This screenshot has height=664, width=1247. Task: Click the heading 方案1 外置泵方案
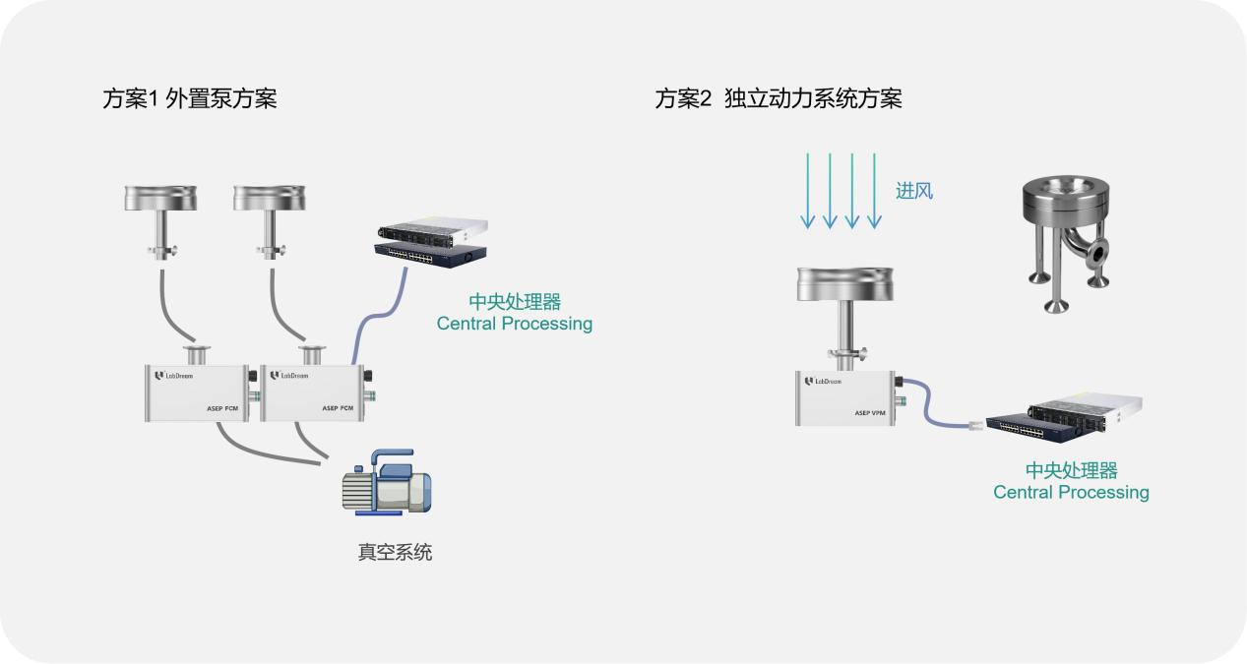tap(190, 99)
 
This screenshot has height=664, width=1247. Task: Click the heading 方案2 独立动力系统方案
tap(779, 99)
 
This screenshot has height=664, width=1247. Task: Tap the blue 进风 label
tap(914, 191)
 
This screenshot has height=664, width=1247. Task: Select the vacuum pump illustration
tap(387, 482)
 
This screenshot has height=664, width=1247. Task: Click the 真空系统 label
tap(395, 552)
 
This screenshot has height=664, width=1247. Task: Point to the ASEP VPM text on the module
tap(870, 413)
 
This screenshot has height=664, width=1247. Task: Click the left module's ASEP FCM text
tap(222, 408)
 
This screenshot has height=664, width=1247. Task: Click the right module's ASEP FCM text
tap(338, 408)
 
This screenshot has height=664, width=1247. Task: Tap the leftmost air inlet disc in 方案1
tap(160, 198)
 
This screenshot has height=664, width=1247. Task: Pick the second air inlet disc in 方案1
tap(270, 198)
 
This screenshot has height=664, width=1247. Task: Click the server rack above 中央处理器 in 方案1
tap(432, 244)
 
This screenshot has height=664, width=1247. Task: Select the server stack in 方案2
tap(1064, 418)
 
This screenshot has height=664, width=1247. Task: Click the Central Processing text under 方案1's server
tap(515, 324)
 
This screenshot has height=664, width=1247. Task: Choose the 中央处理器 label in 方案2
tap(1072, 471)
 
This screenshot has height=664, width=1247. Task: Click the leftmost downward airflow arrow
tap(808, 191)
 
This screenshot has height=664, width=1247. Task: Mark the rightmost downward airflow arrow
tap(875, 191)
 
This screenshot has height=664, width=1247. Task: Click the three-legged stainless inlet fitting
tap(1066, 244)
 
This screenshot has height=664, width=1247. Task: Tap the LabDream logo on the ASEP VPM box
tap(823, 382)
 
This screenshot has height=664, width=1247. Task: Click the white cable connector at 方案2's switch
tap(977, 426)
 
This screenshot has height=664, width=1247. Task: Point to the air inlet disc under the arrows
tap(845, 284)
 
